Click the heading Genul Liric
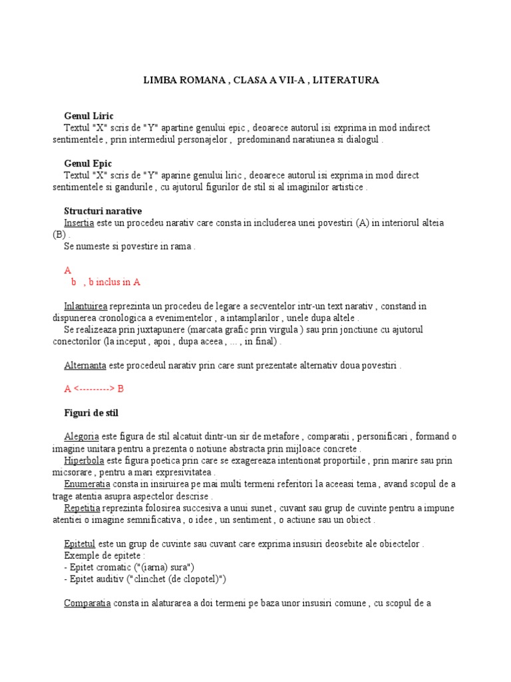click(x=88, y=116)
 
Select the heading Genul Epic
click(x=88, y=163)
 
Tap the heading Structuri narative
click(x=102, y=211)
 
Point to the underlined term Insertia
click(x=79, y=223)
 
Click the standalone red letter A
click(x=67, y=270)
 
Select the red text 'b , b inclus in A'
click(x=106, y=282)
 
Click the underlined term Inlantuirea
click(x=85, y=306)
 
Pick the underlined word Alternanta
click(x=85, y=366)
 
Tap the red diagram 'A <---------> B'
click(x=94, y=389)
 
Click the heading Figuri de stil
click(x=90, y=413)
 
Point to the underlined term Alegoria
click(x=81, y=437)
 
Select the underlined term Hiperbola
click(x=83, y=460)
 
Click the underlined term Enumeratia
click(x=86, y=484)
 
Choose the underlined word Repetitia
click(x=83, y=508)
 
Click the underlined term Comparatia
click(x=86, y=603)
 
